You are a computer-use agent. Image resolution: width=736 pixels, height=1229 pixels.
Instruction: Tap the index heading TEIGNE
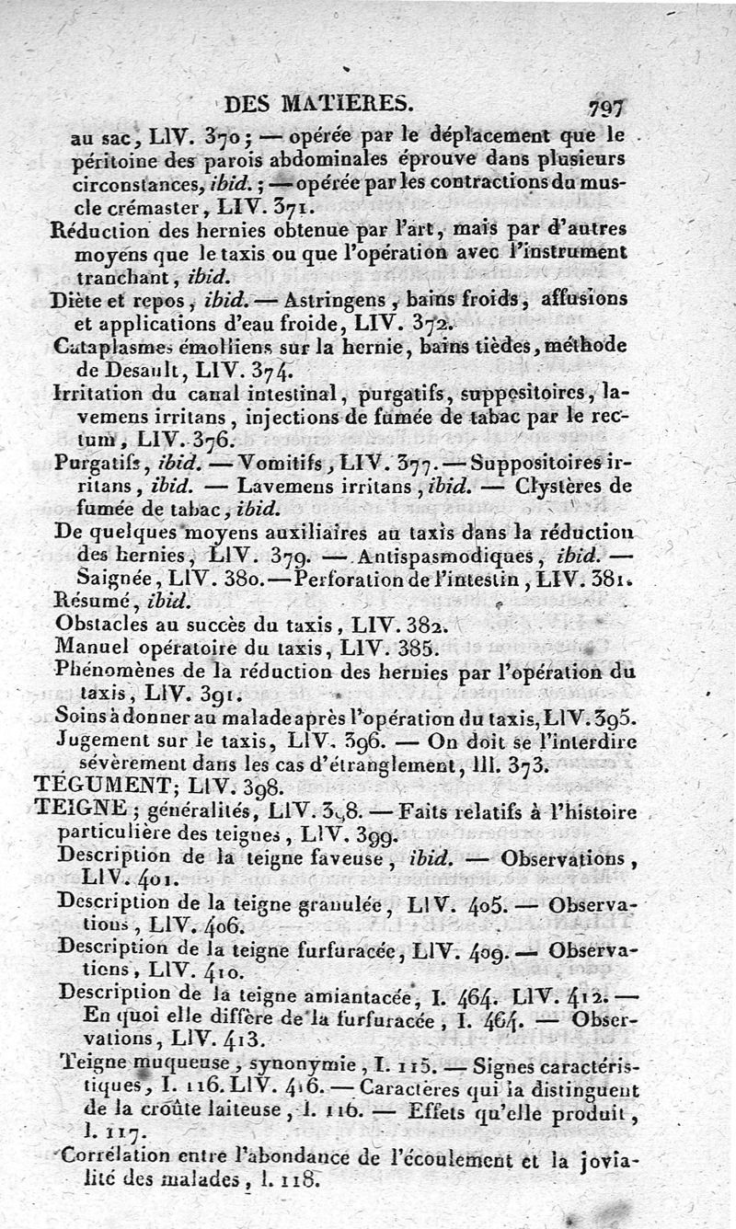[80, 809]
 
